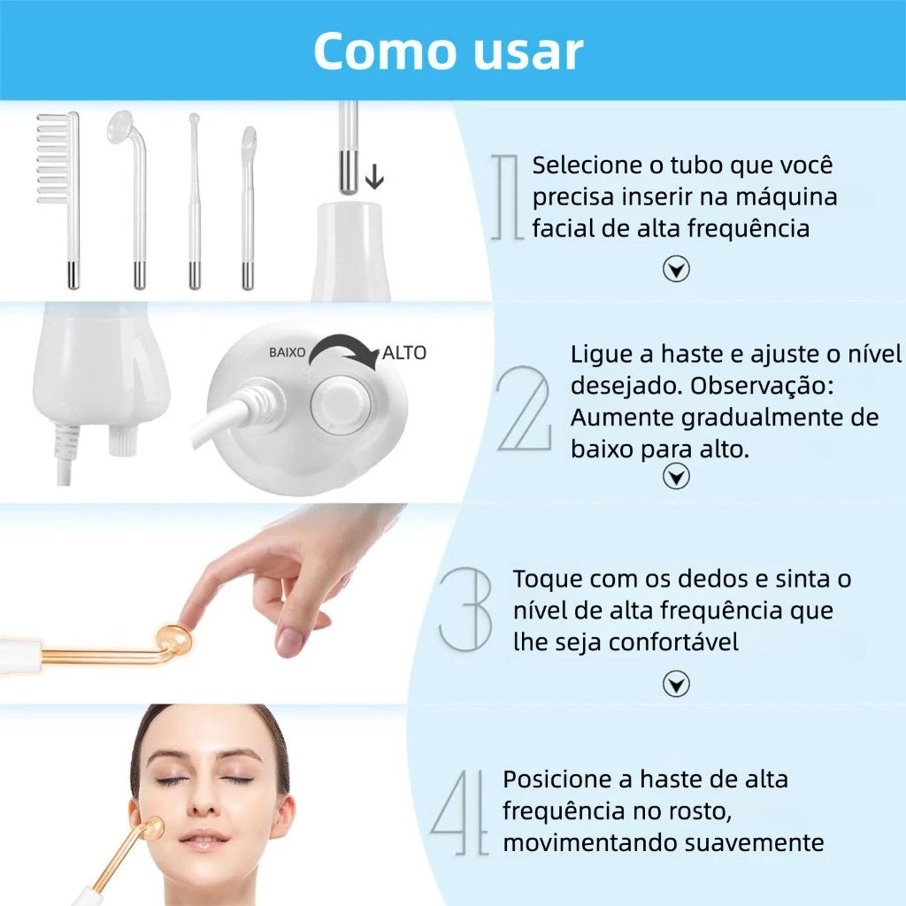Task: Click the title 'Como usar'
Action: pos(448,50)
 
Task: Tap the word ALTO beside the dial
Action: pos(404,353)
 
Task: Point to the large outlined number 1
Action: pos(506,196)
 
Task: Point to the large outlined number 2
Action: pos(524,409)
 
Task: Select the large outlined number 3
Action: pos(465,610)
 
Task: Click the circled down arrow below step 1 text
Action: pos(676,270)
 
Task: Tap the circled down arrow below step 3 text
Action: pos(676,683)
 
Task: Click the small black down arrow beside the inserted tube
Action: pos(374,178)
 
